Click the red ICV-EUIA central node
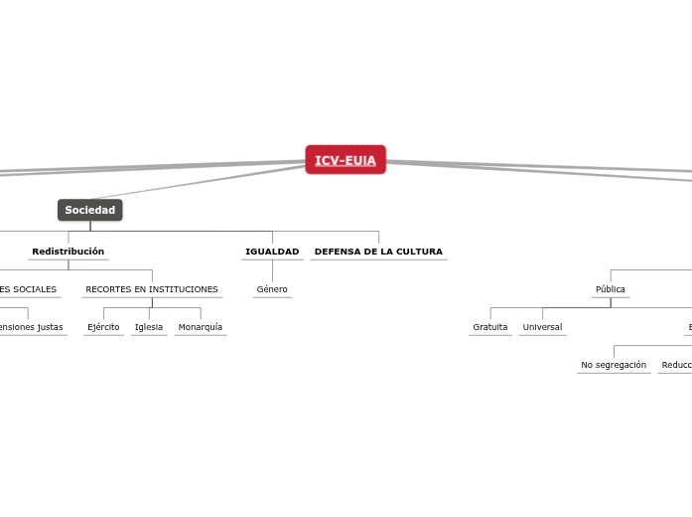point(346,160)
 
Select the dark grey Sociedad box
point(90,210)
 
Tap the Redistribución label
point(68,252)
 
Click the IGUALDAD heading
point(272,252)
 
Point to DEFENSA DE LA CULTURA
point(378,252)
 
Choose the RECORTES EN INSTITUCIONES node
point(152,289)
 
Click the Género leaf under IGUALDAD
point(272,289)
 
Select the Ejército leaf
point(103,327)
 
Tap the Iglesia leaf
point(149,327)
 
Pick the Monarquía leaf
point(201,327)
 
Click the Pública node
point(611,289)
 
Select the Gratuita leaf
point(490,327)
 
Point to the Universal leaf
point(542,327)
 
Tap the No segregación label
point(614,365)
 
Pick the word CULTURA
point(419,252)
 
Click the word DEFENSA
point(337,252)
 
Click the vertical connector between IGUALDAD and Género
point(272,270)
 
